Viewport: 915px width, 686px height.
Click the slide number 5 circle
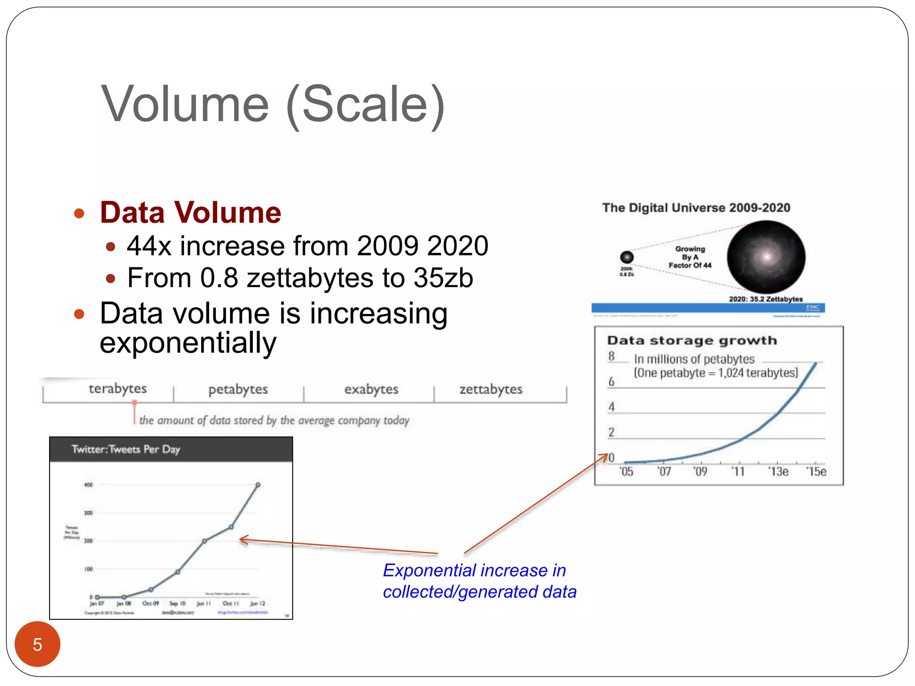pyautogui.click(x=38, y=644)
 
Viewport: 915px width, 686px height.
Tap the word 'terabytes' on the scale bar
pyautogui.click(x=118, y=389)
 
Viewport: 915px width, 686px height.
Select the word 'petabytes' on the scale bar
pyautogui.click(x=238, y=389)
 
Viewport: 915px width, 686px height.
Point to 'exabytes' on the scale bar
pyautogui.click(x=371, y=389)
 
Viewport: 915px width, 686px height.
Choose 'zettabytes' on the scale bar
pyautogui.click(x=491, y=389)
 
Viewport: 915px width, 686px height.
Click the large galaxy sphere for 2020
pyautogui.click(x=766, y=257)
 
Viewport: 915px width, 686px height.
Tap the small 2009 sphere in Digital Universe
pyautogui.click(x=627, y=257)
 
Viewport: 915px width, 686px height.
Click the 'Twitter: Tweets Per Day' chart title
pyautogui.click(x=126, y=449)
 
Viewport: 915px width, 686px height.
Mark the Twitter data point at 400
pyautogui.click(x=258, y=485)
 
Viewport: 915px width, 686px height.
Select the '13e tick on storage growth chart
pyautogui.click(x=778, y=472)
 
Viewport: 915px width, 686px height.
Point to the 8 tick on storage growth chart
pyautogui.click(x=611, y=356)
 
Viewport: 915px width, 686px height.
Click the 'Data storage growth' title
pyautogui.click(x=692, y=341)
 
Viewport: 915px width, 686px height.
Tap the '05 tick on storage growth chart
pyautogui.click(x=626, y=472)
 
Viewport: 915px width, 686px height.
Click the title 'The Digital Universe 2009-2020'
pyautogui.click(x=696, y=208)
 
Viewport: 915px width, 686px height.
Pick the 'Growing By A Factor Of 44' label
pyautogui.click(x=690, y=257)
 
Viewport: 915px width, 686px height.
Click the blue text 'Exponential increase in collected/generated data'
pyautogui.click(x=479, y=581)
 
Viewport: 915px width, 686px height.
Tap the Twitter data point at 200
pyautogui.click(x=205, y=541)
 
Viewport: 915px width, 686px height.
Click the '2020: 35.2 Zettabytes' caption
pyautogui.click(x=766, y=299)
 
